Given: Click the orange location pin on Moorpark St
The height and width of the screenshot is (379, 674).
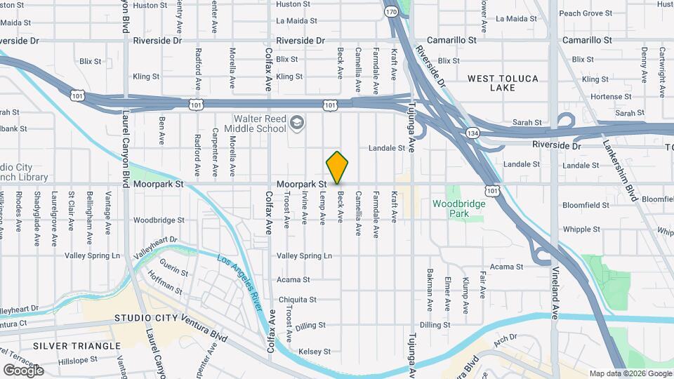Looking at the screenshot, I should tap(337, 167).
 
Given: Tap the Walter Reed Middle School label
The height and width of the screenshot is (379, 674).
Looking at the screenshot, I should tap(255, 124).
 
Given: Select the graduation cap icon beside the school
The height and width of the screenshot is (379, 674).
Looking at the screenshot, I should tap(297, 124).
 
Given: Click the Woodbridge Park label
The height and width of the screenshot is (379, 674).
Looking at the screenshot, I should tap(458, 208).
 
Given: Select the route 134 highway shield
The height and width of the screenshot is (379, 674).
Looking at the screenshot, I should tap(472, 133).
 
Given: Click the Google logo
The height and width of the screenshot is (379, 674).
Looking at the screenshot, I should tap(23, 370).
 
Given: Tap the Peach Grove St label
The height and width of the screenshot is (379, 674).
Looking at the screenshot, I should tap(586, 13).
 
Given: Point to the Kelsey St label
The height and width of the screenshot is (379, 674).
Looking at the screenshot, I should tap(315, 351).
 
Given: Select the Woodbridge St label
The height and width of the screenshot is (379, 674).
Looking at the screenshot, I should tap(159, 220).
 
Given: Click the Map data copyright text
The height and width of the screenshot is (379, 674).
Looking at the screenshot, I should tap(629, 373).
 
